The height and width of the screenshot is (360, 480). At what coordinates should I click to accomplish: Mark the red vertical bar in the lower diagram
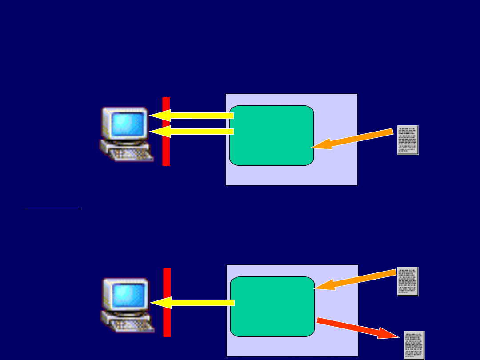click(167, 320)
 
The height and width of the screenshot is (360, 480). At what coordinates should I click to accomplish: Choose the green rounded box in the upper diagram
click(272, 136)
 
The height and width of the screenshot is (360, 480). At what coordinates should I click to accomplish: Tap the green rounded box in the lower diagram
click(272, 307)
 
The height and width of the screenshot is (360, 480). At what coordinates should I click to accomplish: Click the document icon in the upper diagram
click(408, 140)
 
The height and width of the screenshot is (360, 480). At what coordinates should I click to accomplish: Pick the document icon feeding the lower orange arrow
click(408, 281)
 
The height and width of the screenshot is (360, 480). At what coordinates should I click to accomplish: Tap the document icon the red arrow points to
click(414, 345)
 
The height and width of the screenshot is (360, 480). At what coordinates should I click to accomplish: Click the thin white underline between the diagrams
click(52, 208)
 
